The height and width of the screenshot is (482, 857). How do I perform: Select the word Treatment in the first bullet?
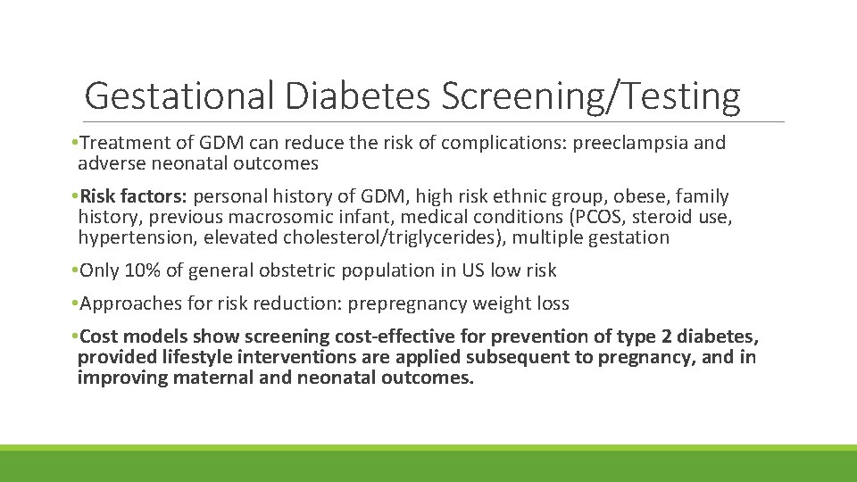pyautogui.click(x=121, y=143)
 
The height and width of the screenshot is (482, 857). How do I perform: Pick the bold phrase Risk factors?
pyautogui.click(x=134, y=196)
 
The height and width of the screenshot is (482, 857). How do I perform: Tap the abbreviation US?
pyautogui.click(x=476, y=270)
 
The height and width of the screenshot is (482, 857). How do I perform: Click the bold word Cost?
pyautogui.click(x=99, y=337)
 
